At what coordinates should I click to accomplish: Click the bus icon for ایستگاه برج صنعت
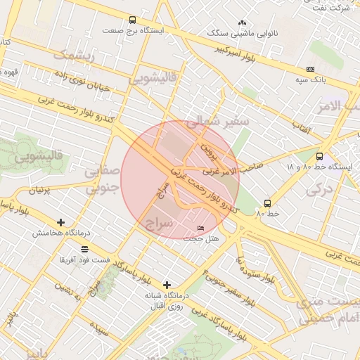point(133,20)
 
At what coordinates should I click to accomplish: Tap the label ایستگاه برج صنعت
point(132,31)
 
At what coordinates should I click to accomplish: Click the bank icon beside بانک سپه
point(310,69)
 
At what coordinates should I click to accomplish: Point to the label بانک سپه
point(310,80)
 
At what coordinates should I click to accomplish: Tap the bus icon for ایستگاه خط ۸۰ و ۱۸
point(320,157)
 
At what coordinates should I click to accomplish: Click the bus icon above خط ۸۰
point(266,202)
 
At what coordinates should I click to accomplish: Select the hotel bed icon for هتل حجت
point(200,229)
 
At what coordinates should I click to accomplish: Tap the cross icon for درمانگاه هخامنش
point(61,222)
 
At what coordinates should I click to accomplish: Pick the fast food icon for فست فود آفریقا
point(85,249)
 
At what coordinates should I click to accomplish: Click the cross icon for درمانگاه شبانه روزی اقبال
point(167,285)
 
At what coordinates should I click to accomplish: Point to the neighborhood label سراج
point(159,224)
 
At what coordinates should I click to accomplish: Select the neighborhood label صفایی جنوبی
point(101,180)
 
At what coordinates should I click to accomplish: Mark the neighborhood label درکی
point(320,188)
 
